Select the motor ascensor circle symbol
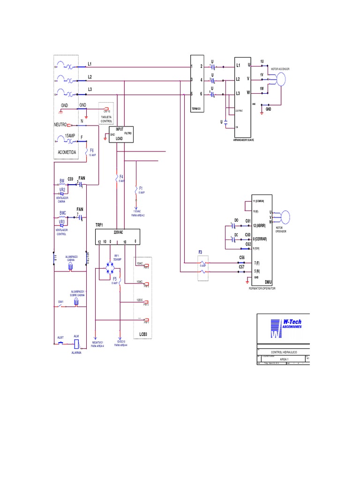(x=283, y=79)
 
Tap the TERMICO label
(x=196, y=108)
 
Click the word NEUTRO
(x=60, y=125)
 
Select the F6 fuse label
(x=92, y=150)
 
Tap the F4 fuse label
(x=121, y=177)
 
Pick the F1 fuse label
(x=141, y=188)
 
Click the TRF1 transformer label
(x=99, y=225)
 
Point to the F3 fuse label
(x=200, y=252)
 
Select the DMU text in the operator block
(x=268, y=282)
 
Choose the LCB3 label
(x=143, y=334)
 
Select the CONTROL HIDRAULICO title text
(x=284, y=351)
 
